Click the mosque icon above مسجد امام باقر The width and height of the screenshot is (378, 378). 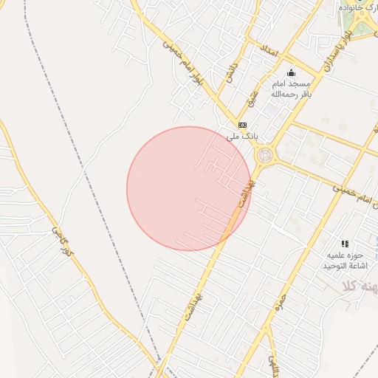[291, 72]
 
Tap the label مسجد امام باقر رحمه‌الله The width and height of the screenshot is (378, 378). [290, 89]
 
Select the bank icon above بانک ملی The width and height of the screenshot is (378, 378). [241, 125]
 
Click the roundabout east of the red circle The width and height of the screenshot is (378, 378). [264, 155]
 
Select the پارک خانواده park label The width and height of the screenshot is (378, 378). [358, 7]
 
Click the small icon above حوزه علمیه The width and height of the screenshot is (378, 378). [344, 244]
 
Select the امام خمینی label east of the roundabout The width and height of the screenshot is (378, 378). [347, 194]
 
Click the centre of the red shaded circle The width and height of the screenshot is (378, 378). [189, 189]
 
